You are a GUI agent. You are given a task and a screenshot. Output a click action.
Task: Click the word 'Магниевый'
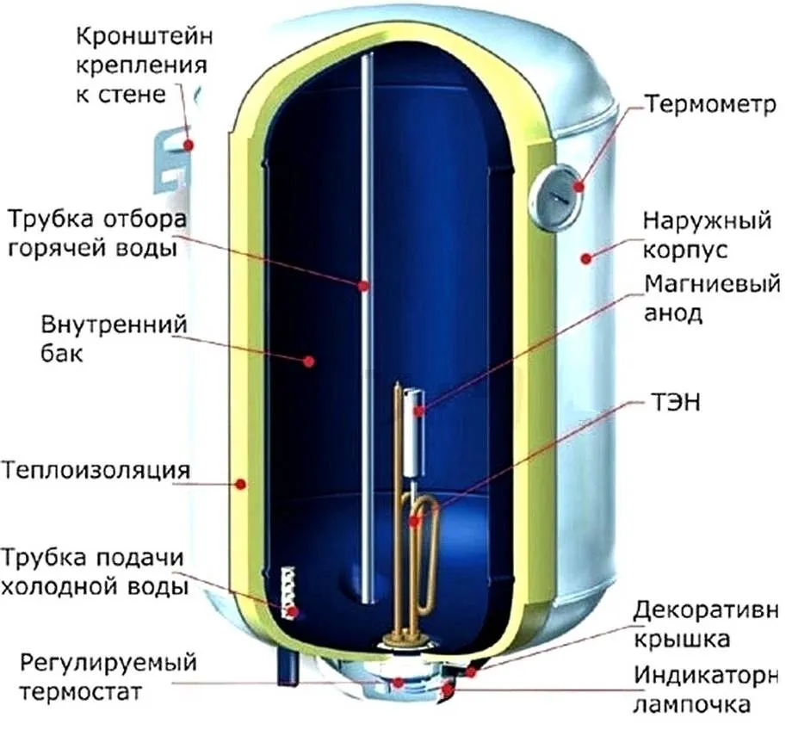tap(711, 283)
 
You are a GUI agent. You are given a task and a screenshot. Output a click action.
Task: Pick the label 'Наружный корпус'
tap(705, 237)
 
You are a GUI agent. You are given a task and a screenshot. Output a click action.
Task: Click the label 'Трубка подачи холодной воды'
tap(95, 572)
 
